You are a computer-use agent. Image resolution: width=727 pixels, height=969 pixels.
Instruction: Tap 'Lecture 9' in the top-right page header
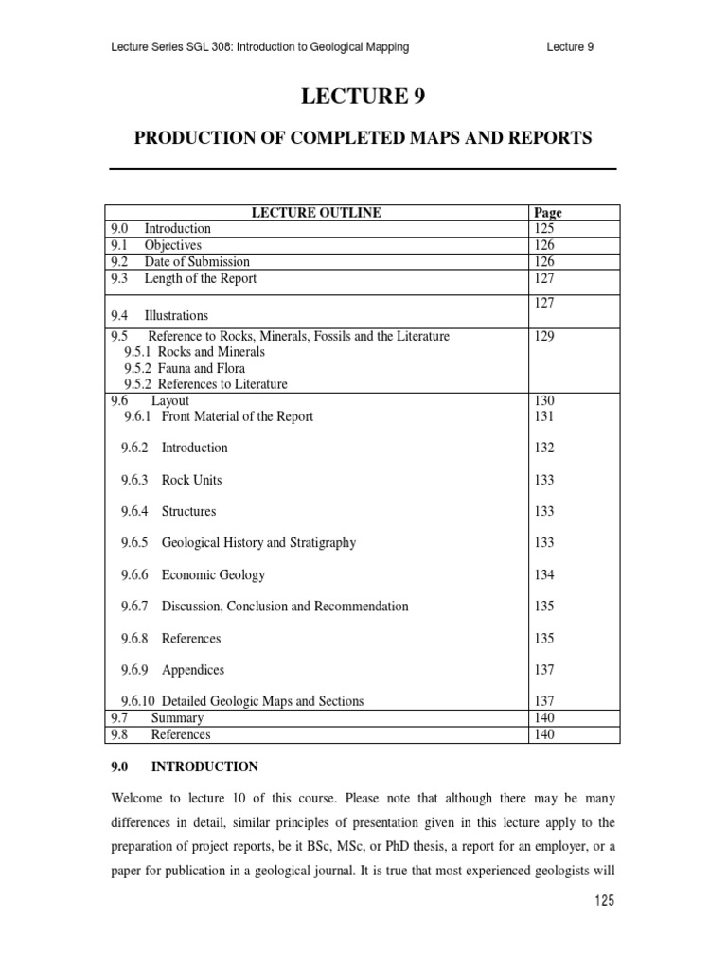[571, 47]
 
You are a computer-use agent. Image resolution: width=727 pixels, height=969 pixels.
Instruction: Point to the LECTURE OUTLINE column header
[315, 213]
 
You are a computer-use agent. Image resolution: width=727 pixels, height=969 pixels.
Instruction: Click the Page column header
[548, 213]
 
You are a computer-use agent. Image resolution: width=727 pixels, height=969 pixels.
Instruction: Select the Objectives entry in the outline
[172, 245]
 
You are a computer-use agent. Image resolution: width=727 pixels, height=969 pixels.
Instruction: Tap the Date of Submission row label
[197, 262]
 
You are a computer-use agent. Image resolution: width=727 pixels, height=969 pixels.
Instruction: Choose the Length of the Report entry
[200, 278]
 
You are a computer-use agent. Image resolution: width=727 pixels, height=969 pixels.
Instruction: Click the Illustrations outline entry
[176, 315]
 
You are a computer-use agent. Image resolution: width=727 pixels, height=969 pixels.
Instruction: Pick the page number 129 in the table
[544, 336]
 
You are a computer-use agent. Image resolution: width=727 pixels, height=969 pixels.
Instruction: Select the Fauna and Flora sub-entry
[202, 368]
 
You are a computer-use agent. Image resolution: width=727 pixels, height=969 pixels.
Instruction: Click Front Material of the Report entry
[237, 416]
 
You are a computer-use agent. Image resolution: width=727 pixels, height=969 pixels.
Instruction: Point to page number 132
[544, 448]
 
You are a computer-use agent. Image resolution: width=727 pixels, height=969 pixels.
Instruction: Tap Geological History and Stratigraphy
[258, 543]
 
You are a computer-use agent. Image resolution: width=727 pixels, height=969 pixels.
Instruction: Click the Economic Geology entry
[213, 574]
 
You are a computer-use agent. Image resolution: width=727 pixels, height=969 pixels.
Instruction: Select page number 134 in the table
[544, 574]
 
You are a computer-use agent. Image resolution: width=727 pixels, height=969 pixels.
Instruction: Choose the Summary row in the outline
[177, 718]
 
